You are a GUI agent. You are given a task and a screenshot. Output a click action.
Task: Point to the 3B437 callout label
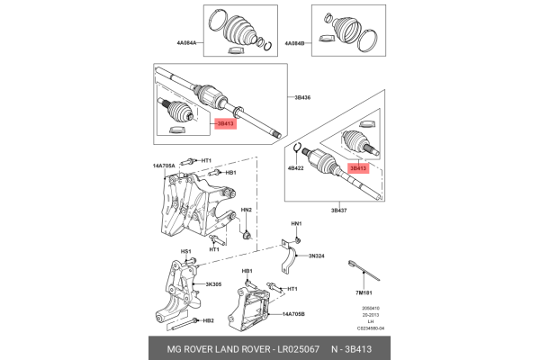click(x=339, y=210)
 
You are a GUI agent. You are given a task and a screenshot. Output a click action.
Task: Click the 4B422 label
click(x=296, y=168)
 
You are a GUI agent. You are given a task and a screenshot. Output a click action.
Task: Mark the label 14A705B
click(x=295, y=315)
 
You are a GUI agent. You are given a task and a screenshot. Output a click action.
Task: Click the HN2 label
click(x=247, y=210)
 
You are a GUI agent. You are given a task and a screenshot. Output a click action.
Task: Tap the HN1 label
click(x=296, y=223)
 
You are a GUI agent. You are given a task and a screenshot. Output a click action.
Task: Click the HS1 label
click(x=186, y=251)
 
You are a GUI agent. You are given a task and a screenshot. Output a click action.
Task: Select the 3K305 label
click(x=213, y=283)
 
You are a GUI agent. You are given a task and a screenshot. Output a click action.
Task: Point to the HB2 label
click(x=208, y=320)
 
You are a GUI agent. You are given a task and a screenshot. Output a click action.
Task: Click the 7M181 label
click(x=364, y=292)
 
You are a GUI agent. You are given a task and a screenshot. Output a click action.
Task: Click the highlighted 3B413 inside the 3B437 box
click(x=358, y=167)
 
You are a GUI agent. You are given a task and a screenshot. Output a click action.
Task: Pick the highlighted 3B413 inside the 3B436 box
click(x=223, y=123)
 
